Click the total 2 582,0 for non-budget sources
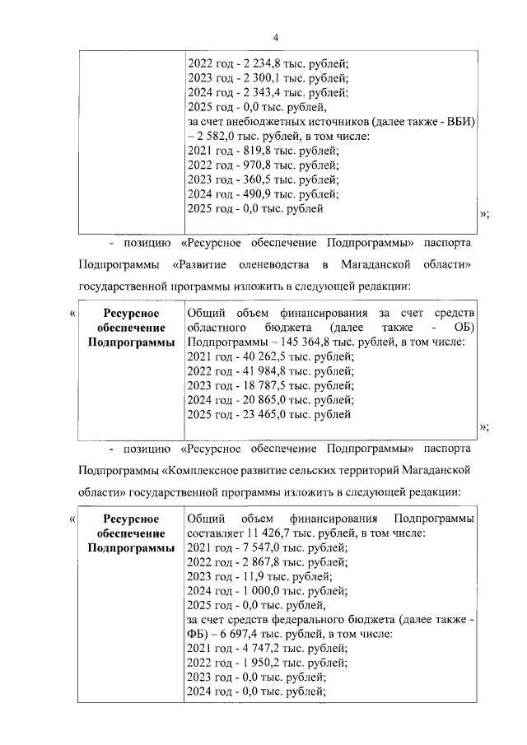click(217, 136)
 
